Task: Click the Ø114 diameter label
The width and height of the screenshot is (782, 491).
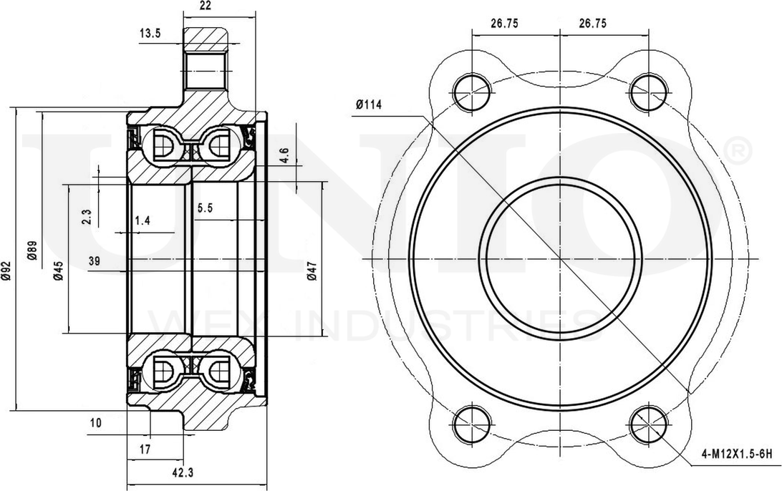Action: pos(368,105)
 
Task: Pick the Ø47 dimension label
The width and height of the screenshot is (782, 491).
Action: pos(312,270)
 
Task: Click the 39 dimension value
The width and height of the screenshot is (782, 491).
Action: pos(94,262)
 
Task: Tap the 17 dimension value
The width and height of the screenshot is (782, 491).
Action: pos(145,449)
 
